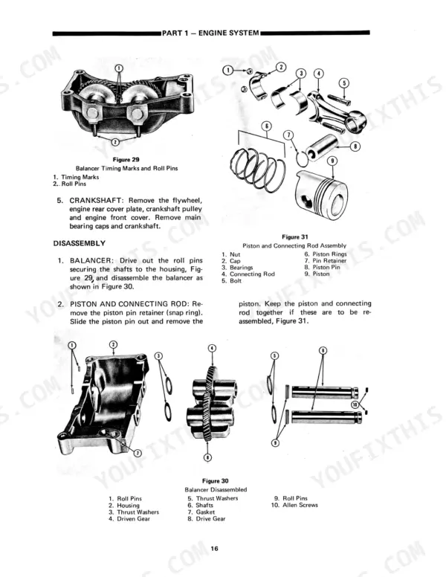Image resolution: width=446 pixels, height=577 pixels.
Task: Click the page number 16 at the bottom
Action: tap(215, 548)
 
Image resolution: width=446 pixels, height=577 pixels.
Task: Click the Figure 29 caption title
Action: tap(126, 160)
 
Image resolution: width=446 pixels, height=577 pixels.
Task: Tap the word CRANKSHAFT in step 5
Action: tap(95, 201)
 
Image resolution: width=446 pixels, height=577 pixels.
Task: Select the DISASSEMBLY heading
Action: tap(80, 244)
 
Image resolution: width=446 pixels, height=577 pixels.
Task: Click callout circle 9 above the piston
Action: tap(333, 161)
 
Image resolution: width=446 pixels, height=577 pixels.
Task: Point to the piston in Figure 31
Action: tap(321, 194)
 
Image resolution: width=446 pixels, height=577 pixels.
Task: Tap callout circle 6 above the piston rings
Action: tap(267, 126)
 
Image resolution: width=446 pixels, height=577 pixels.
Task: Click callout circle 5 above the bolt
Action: tap(343, 83)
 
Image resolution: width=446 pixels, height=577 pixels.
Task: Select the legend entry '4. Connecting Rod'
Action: tap(248, 274)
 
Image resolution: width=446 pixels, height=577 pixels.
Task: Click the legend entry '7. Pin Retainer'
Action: tap(326, 261)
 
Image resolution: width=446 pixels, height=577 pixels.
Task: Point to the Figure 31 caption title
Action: tap(295, 237)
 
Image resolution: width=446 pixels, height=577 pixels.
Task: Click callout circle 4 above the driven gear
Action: tap(212, 348)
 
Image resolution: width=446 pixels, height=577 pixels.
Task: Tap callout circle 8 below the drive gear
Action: tap(208, 457)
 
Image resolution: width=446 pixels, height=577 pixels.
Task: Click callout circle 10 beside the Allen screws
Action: tap(355, 404)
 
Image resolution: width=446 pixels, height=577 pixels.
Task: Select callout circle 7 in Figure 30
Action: tap(138, 453)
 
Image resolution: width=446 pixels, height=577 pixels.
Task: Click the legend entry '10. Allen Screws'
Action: tap(294, 505)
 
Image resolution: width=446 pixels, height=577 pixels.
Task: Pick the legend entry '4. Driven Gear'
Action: tap(129, 519)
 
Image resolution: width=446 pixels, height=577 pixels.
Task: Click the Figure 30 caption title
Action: tap(216, 481)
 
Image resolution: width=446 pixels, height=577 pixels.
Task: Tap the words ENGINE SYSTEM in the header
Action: tap(228, 33)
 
